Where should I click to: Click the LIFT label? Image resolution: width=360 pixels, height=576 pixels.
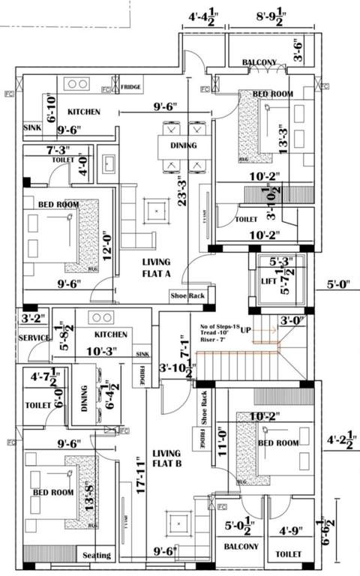pos(268,281)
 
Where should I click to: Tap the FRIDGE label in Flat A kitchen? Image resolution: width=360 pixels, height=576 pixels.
pos(132,86)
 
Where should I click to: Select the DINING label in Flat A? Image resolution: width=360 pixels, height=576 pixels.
pos(183,145)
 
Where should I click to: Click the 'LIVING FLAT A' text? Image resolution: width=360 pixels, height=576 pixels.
pos(159,268)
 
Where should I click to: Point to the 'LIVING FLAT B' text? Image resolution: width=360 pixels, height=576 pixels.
pos(166,459)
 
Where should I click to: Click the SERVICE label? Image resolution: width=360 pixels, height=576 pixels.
pos(34,338)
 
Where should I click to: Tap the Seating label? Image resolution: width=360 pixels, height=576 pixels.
pos(97,556)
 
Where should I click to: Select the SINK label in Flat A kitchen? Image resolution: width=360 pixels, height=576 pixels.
pos(32,127)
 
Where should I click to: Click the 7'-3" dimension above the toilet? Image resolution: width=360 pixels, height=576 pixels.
pos(60,151)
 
